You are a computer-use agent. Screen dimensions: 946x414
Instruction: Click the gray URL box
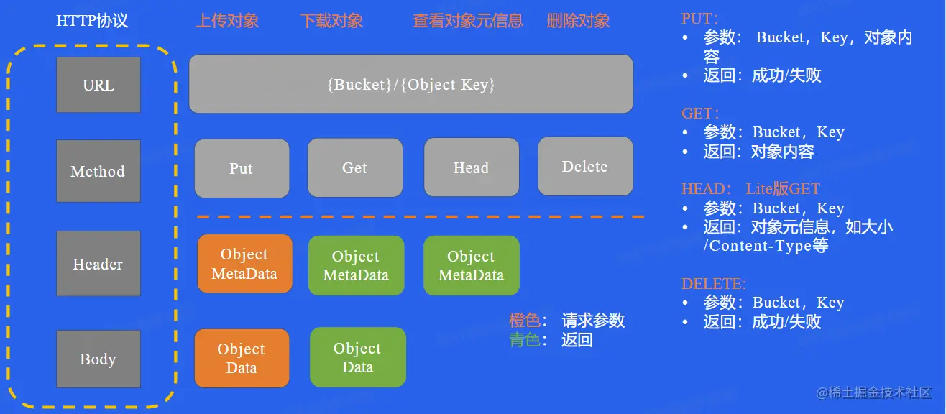pos(98,85)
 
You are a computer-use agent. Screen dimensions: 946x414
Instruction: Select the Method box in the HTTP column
pos(98,171)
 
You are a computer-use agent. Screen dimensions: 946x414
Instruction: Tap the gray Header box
pos(98,264)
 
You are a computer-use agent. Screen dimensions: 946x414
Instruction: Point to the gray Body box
pos(98,359)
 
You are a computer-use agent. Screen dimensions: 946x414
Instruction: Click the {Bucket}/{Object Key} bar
pos(411,84)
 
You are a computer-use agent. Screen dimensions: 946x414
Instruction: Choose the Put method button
pos(242,168)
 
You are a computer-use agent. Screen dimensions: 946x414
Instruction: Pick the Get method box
pos(355,167)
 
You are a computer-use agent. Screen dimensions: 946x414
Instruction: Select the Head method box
pos(472,167)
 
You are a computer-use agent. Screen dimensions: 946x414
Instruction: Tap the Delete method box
pos(585,167)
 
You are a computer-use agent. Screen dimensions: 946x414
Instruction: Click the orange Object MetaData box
pos(245,264)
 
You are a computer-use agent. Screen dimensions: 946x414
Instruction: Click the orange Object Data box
pos(242,358)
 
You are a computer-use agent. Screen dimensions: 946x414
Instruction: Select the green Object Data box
pos(358,357)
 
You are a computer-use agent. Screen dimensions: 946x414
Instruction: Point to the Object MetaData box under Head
pos(472,265)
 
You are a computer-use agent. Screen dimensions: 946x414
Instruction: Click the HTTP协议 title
pos(92,21)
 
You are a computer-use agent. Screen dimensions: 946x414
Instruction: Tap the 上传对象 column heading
pos(227,21)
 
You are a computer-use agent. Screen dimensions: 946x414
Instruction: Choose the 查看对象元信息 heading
pos(468,21)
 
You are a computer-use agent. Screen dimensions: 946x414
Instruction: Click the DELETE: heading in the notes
pos(714,283)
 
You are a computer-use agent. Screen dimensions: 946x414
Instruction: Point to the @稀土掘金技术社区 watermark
pos(874,393)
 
